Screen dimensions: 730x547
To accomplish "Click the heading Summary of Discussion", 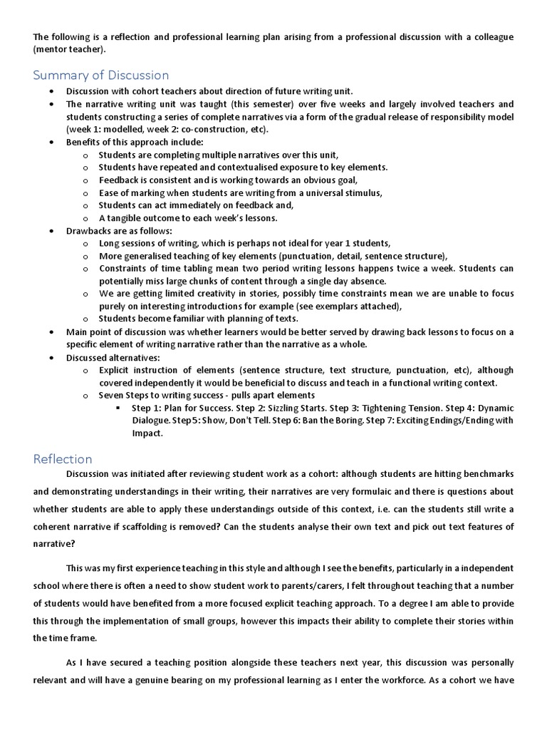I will [x=100, y=75].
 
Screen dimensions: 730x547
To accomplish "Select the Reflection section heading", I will [x=63, y=459].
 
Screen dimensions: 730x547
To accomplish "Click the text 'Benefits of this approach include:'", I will [x=125, y=143].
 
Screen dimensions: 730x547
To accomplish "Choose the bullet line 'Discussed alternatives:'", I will [x=113, y=357].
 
